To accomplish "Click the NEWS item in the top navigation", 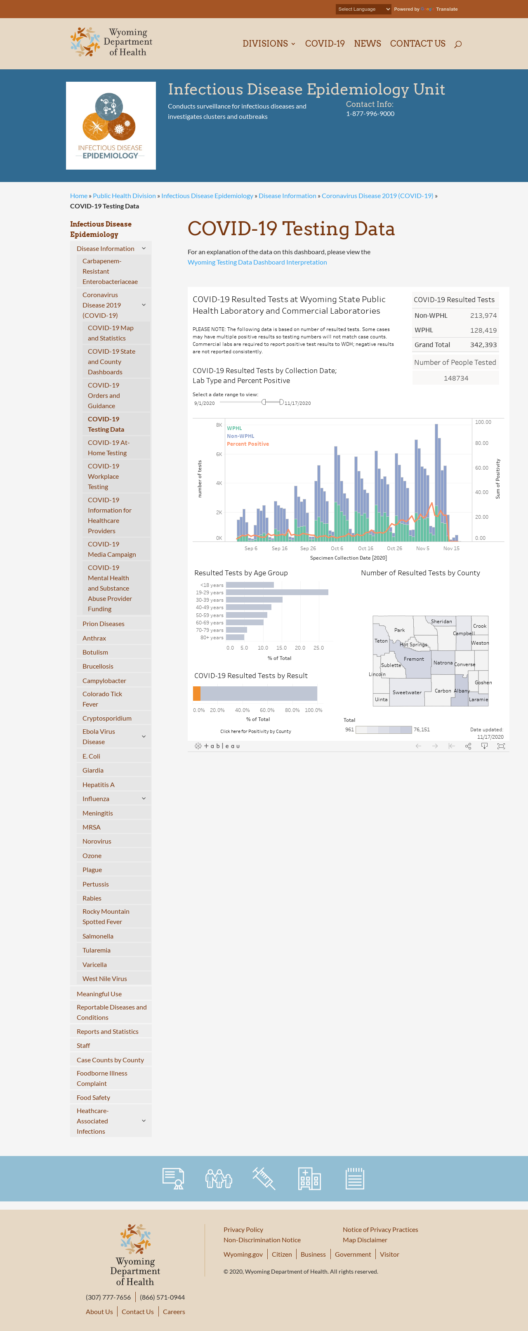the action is coord(367,44).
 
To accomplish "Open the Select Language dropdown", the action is coord(363,9).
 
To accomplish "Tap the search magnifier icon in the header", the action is coord(458,45).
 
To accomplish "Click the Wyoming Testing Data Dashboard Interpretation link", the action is coord(257,262).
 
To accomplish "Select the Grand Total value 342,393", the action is coord(483,345).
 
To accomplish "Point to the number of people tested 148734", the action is coord(456,378).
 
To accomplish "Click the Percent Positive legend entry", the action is coord(248,444).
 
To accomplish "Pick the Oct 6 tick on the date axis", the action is coord(337,549).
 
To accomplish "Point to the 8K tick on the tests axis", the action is coord(219,425).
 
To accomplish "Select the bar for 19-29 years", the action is coord(277,593).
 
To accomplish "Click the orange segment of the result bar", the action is coord(196,693).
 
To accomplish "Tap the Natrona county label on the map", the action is coord(443,663).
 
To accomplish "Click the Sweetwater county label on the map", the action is coord(407,693).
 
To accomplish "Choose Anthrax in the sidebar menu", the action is coord(94,638).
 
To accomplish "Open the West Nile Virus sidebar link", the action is coord(105,979).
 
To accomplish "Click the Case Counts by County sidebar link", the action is coord(111,1060).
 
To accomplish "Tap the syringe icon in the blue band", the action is coord(264,1179).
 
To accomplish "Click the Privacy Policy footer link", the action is coord(243,1230).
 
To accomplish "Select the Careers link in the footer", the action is coord(174,1311).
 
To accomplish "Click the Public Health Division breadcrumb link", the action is coord(125,196).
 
